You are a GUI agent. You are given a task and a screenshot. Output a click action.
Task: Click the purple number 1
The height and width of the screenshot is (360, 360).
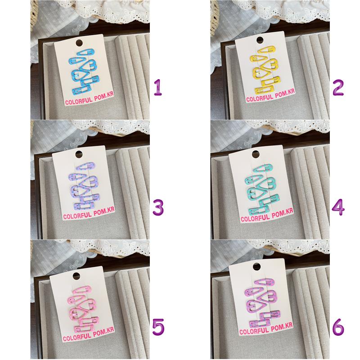158,87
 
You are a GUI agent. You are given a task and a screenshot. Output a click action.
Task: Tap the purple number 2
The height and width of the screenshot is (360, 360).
338,87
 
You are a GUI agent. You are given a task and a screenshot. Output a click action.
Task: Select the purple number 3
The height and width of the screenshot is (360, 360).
158,207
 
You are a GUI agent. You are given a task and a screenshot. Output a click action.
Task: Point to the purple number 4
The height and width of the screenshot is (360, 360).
338,207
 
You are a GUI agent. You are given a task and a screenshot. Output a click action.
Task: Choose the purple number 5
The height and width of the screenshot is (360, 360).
158,327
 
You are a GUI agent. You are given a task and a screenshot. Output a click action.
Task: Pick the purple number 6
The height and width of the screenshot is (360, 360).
338,327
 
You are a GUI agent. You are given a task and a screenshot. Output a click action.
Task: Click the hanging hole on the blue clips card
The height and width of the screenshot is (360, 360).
79,43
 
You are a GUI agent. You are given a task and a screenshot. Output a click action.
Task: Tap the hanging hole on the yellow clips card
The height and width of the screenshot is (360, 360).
260,40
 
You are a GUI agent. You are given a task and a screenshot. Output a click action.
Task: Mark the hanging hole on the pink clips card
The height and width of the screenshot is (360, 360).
76,276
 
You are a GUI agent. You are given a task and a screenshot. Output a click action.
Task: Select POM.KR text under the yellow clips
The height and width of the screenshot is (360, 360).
285,94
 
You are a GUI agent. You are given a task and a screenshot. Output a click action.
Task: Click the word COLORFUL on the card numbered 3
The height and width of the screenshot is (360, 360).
77,216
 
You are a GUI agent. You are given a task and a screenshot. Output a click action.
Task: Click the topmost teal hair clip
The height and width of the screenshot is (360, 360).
263,168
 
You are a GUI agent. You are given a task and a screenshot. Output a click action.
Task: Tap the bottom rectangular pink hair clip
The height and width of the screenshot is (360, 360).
84,329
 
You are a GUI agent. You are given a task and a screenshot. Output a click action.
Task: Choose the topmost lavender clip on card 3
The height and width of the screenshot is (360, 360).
85,166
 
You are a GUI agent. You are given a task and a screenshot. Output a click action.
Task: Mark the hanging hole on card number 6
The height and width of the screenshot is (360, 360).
256,266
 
